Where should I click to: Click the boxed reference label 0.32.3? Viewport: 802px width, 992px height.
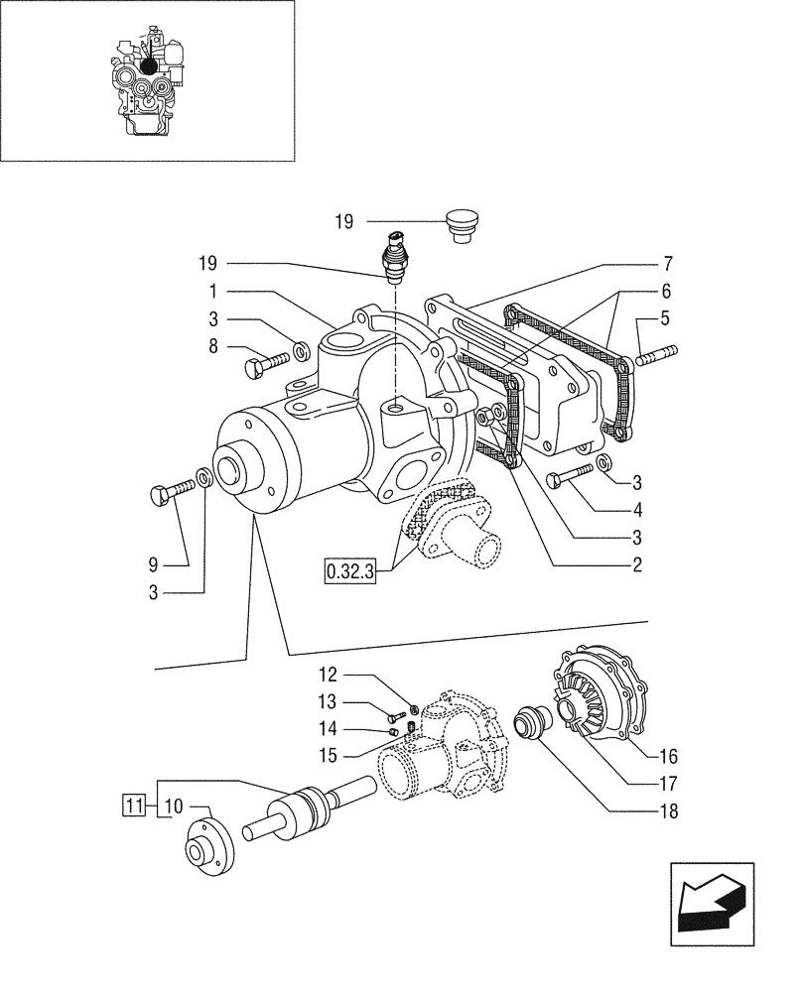349,572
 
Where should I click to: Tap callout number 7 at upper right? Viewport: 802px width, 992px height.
668,264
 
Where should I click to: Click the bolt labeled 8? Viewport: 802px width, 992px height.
265,368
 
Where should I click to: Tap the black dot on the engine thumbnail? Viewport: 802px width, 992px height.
150,65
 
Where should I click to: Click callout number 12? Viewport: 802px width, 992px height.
330,676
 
